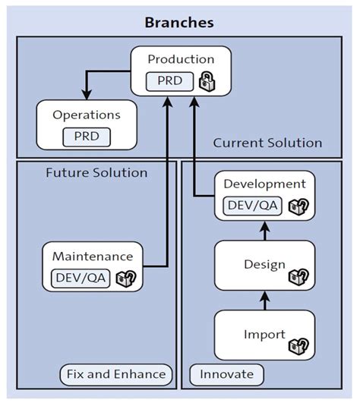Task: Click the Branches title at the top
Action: [179, 22]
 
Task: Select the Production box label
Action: [181, 59]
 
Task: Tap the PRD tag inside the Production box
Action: [169, 80]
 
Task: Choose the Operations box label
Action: [87, 115]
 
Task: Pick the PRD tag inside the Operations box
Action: [87, 137]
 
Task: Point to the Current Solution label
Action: [267, 143]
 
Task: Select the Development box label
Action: [264, 184]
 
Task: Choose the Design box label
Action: [264, 265]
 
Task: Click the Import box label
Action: [264, 334]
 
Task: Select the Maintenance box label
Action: [93, 256]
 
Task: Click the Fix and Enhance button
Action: [115, 373]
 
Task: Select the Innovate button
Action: [226, 373]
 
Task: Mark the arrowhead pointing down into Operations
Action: [87, 95]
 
